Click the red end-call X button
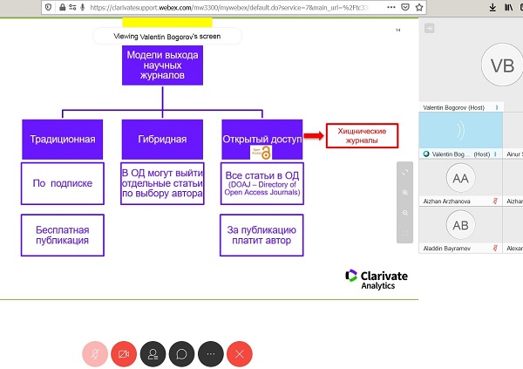[x=241, y=354]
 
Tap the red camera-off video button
[x=124, y=354]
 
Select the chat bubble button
[x=182, y=354]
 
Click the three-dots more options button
[x=212, y=354]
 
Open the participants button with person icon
[x=153, y=354]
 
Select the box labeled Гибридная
[x=162, y=139]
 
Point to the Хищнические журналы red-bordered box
[x=361, y=135]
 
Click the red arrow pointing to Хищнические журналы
[x=313, y=136]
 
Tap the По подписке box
[x=62, y=183]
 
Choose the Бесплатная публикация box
[x=62, y=234]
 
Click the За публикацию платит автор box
[x=261, y=234]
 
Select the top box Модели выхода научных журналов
[x=162, y=66]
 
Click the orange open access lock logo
[x=267, y=152]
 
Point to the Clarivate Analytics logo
[x=377, y=278]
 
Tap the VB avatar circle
[x=502, y=66]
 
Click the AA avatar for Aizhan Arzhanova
[x=459, y=179]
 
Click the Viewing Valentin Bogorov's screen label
[x=167, y=37]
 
